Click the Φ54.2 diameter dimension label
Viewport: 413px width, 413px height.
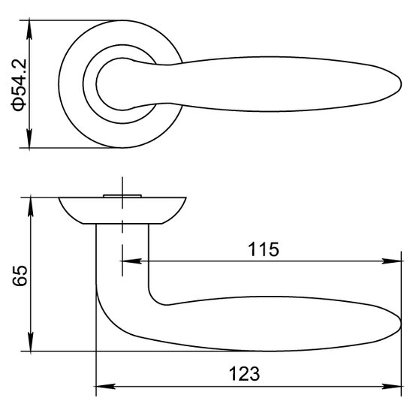click(19, 85)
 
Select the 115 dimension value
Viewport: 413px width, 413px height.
click(263, 249)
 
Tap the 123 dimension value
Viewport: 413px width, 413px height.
click(245, 373)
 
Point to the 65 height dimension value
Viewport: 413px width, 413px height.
click(20, 276)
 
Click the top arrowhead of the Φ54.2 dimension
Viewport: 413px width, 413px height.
click(29, 30)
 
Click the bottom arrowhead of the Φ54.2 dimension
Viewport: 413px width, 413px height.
click(29, 138)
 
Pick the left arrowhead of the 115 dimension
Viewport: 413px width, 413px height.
click(131, 261)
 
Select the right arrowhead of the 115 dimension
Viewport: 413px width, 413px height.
click(391, 261)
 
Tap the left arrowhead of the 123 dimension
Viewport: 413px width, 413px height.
click(106, 387)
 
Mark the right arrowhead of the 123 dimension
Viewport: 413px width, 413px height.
click(391, 387)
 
